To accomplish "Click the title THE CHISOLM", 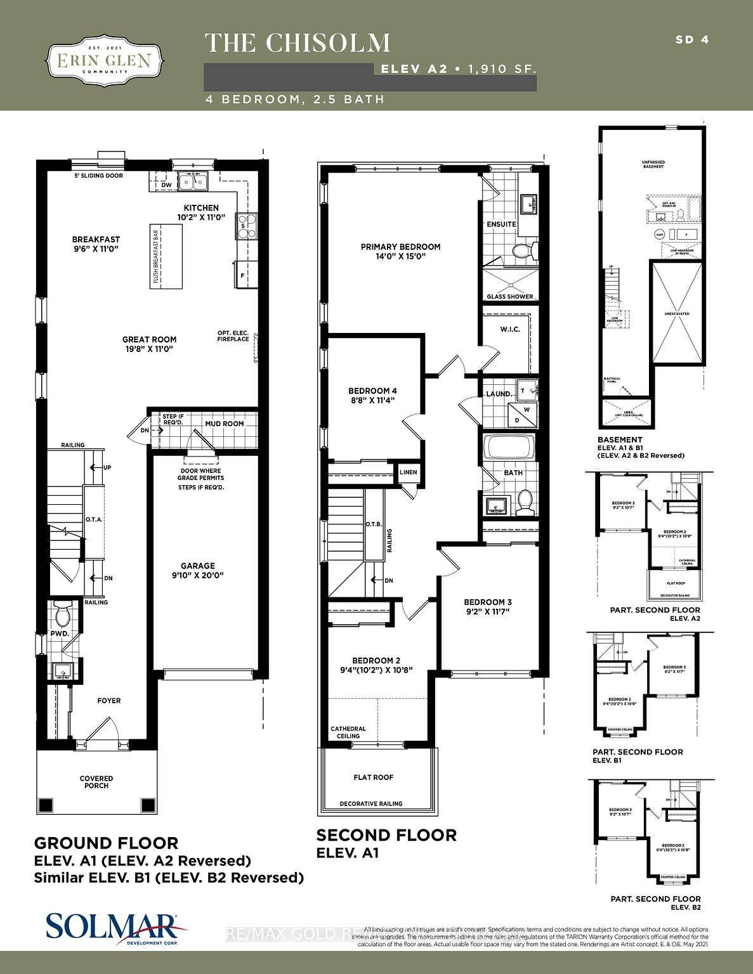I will (298, 42).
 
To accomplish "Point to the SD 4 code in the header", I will (691, 39).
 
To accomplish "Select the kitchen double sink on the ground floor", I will (194, 182).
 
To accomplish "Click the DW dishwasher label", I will (166, 185).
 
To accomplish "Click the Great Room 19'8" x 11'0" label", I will (149, 344).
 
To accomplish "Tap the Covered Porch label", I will (96, 782).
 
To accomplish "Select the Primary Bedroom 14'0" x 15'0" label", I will (400, 251).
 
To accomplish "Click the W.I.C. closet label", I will (509, 329).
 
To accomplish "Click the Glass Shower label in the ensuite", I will (509, 297).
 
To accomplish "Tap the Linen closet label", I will (408, 472).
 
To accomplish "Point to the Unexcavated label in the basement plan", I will (678, 314).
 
